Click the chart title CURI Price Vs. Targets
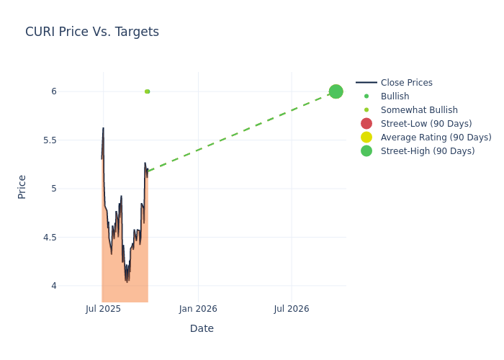coord(92,32)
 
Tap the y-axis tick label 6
coord(53,91)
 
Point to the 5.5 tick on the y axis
coord(50,140)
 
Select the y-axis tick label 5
coord(53,189)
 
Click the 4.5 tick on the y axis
coord(50,237)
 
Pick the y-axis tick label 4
coord(53,286)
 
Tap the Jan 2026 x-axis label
coord(198,309)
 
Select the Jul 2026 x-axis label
coord(292,309)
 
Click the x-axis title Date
coord(202,328)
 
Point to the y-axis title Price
coord(22,186)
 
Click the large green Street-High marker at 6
coord(336,91)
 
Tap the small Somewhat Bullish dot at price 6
coord(147,91)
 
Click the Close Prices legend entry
coord(406,83)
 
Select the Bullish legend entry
coord(395,96)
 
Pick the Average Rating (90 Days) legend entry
coord(436,138)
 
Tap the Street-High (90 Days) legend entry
coord(427,151)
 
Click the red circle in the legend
coord(366,124)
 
